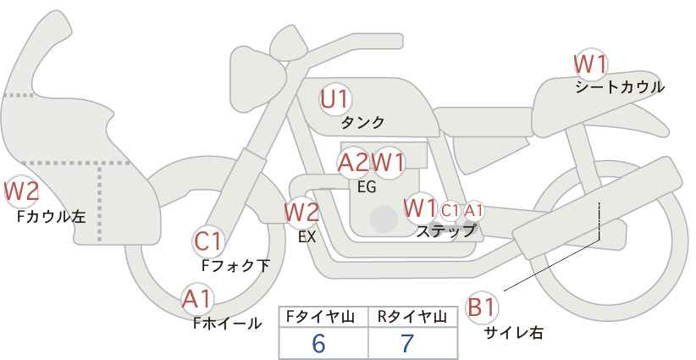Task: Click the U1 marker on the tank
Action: [x=335, y=99]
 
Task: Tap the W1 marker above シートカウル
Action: [x=590, y=64]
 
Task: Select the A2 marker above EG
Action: [x=354, y=163]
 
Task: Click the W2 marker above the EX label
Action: [x=301, y=212]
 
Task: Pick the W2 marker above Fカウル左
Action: [x=21, y=191]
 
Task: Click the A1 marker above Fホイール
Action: [x=198, y=299]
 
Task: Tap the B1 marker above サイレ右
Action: [x=482, y=307]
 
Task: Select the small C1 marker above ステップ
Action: [x=450, y=210]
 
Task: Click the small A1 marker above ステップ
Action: [x=472, y=210]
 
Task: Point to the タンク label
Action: [x=362, y=122]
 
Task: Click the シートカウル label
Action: [x=620, y=87]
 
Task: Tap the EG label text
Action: [x=367, y=187]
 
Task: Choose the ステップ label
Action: [x=445, y=231]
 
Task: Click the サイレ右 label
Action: [x=514, y=333]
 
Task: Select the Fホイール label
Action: [x=227, y=324]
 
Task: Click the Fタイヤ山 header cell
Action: [x=323, y=318]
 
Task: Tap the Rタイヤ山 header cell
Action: [x=413, y=318]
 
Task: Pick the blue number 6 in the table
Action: [x=318, y=343]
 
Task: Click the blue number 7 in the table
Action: [x=406, y=343]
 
